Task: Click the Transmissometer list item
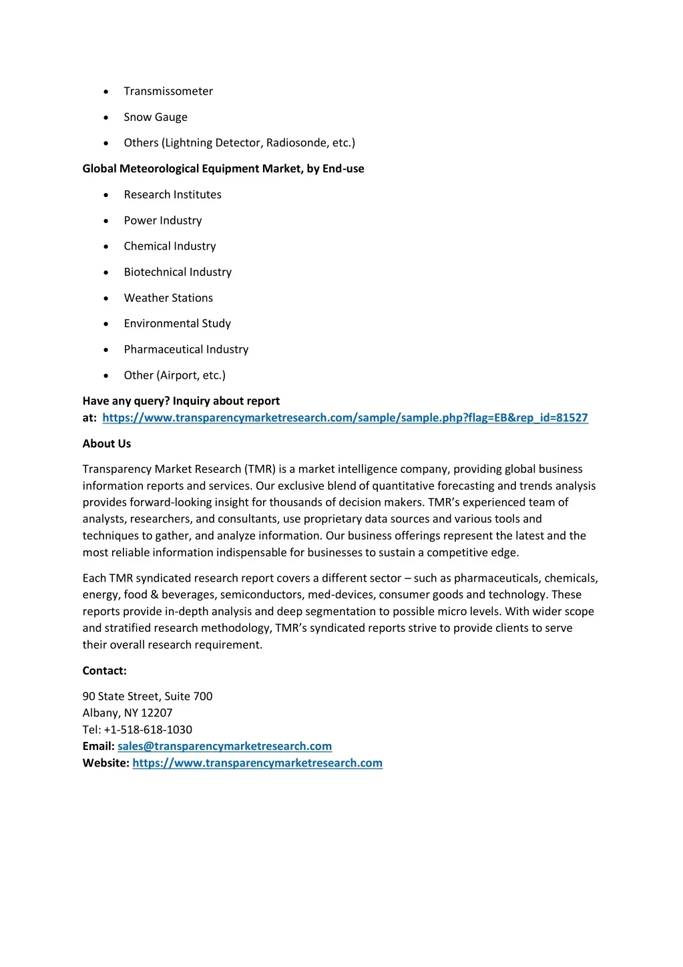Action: pyautogui.click(x=168, y=91)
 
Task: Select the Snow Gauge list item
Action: pyautogui.click(x=156, y=118)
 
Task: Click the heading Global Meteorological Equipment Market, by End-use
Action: pyautogui.click(x=223, y=169)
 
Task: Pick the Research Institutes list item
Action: pyautogui.click(x=172, y=195)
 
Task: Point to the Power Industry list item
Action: pyautogui.click(x=162, y=221)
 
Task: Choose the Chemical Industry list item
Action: pyautogui.click(x=170, y=246)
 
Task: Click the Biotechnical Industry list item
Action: pyautogui.click(x=178, y=272)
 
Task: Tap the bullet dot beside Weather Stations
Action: pyautogui.click(x=106, y=299)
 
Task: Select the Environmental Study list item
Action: pyautogui.click(x=177, y=324)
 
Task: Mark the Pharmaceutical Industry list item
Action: pyautogui.click(x=186, y=350)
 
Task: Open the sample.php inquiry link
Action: pyautogui.click(x=345, y=418)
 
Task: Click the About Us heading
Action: pyautogui.click(x=107, y=444)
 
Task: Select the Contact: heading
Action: pyautogui.click(x=104, y=671)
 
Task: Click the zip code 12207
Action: pyautogui.click(x=156, y=713)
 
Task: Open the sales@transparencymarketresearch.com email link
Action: pyautogui.click(x=224, y=747)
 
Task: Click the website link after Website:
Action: pyautogui.click(x=257, y=763)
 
